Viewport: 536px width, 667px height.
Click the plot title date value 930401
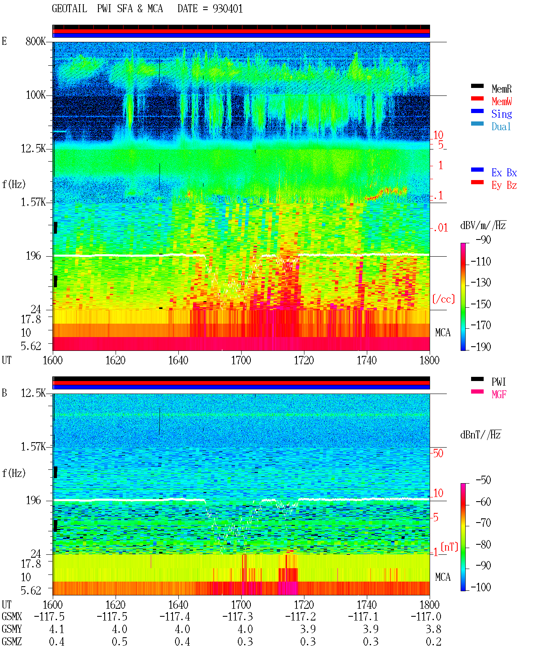[x=227, y=9]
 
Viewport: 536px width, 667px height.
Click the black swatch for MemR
[x=477, y=86]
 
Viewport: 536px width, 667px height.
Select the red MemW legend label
[x=502, y=101]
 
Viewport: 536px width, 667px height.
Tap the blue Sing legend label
[x=502, y=114]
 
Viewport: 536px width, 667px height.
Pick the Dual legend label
[x=501, y=126]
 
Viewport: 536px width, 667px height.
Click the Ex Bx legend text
[x=504, y=173]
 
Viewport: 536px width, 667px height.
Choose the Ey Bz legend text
[x=504, y=185]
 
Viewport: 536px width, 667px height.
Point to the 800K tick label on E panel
[x=36, y=41]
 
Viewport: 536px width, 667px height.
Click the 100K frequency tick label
[x=36, y=95]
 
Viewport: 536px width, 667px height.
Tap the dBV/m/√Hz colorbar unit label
[x=483, y=225]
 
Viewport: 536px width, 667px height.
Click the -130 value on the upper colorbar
[x=481, y=283]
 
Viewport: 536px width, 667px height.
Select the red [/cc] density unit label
[x=443, y=299]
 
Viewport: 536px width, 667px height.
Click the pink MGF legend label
[x=499, y=394]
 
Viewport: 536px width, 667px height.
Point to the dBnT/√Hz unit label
[x=481, y=435]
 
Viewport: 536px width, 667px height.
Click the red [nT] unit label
[x=449, y=547]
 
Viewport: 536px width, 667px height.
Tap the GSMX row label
[x=12, y=616]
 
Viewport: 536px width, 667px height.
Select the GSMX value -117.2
[x=300, y=616]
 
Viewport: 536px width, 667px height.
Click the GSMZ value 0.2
[x=433, y=641]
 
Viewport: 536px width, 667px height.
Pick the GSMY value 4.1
[x=57, y=629]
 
